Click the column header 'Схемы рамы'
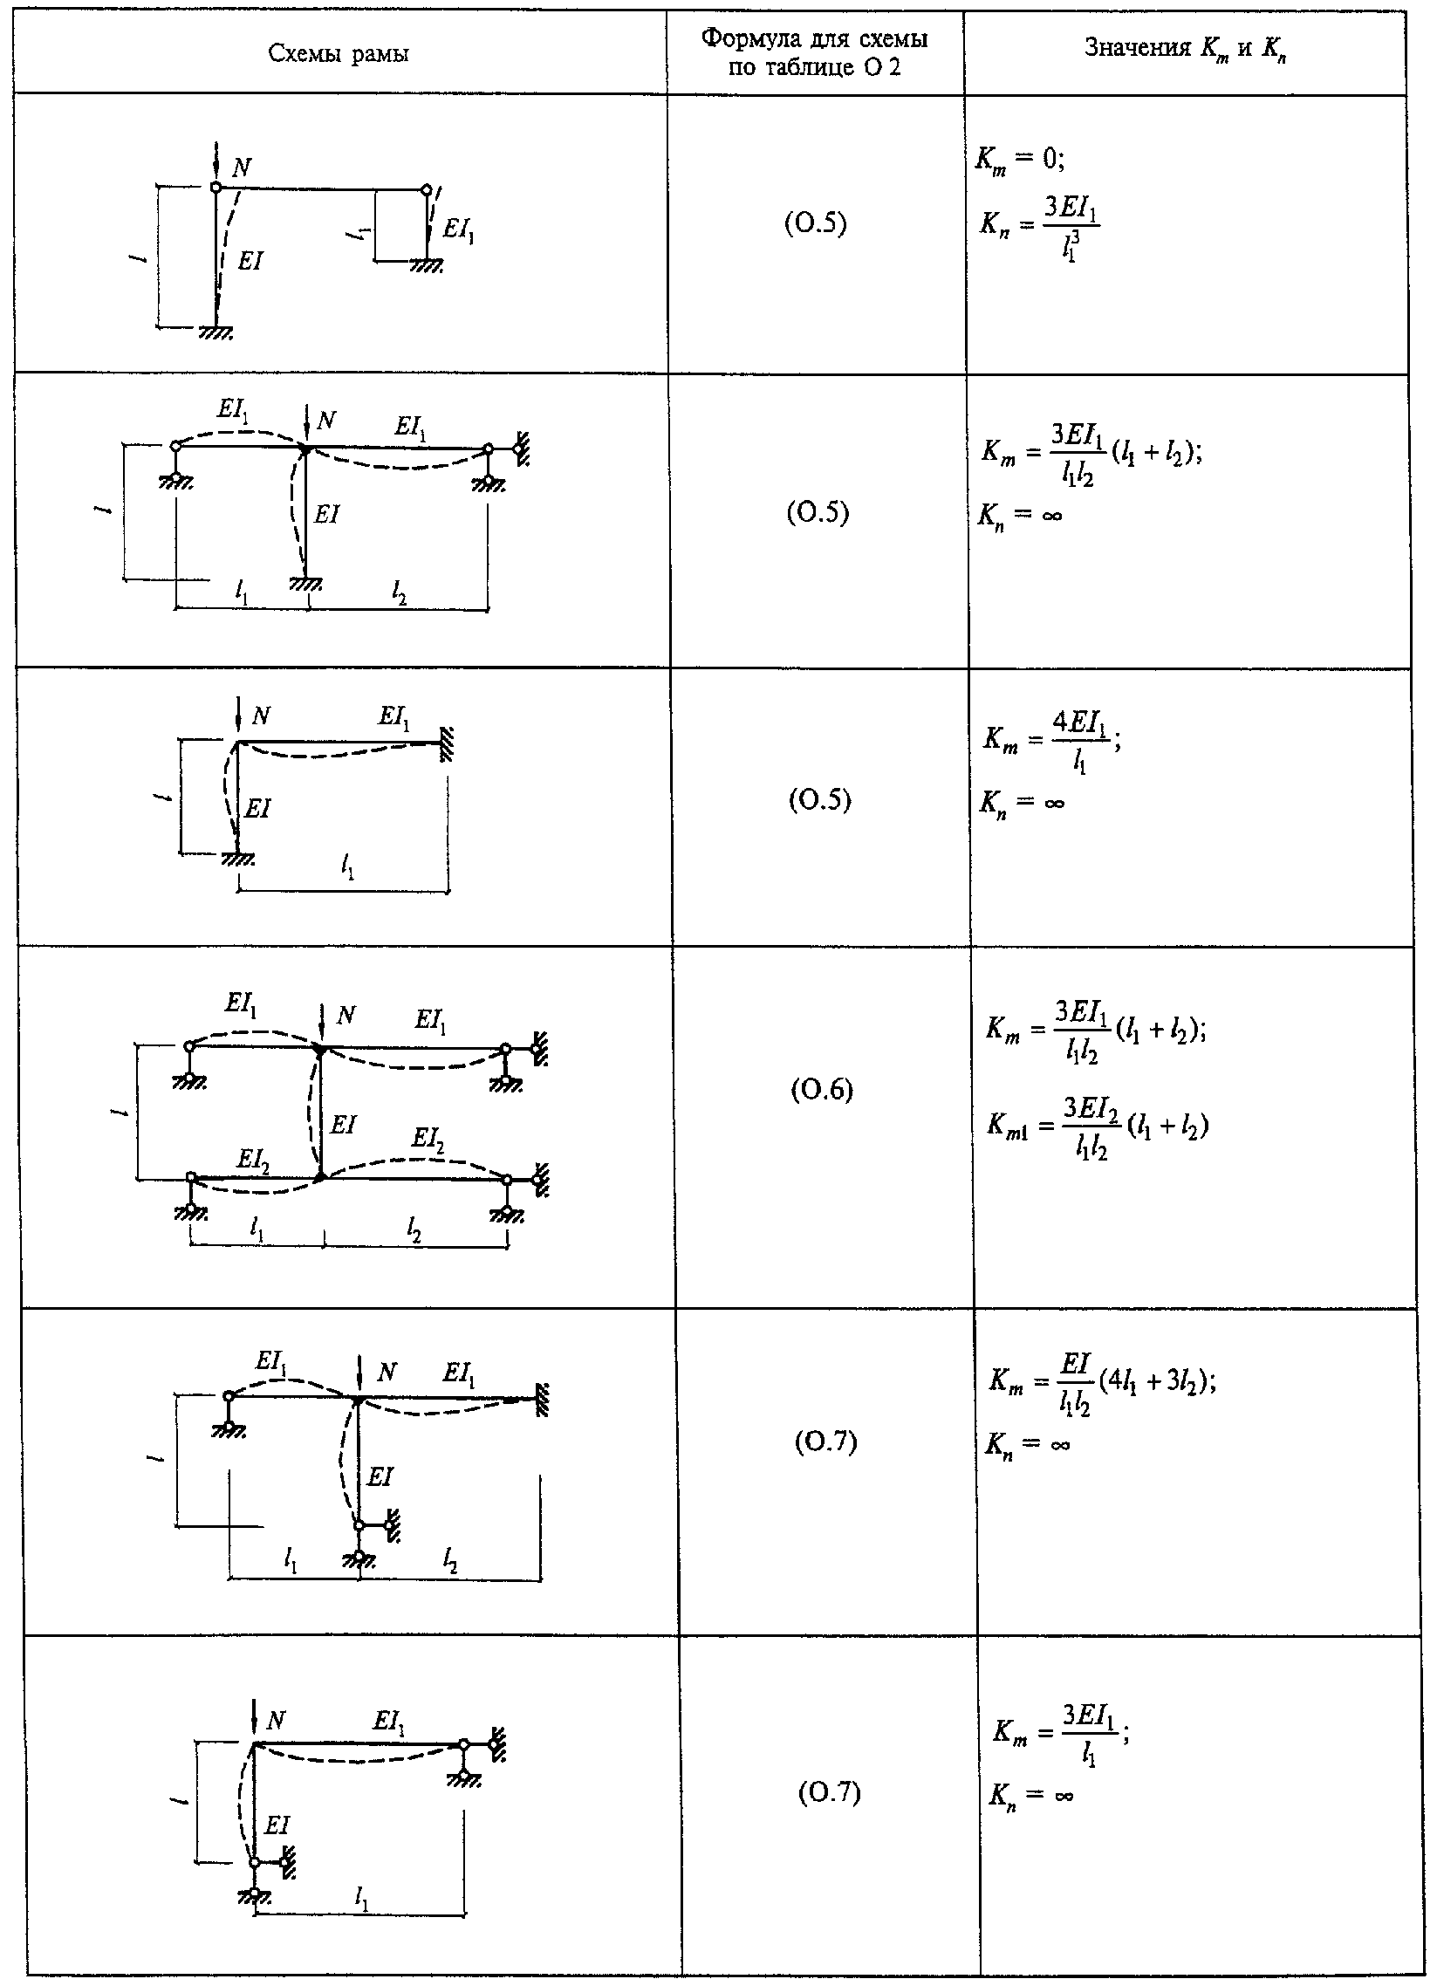pyautogui.click(x=339, y=54)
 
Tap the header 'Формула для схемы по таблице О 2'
pyautogui.click(x=815, y=52)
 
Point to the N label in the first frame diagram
pyautogui.click(x=241, y=168)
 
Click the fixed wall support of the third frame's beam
pyautogui.click(x=446, y=743)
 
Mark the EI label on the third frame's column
pyautogui.click(x=257, y=808)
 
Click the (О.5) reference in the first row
pyautogui.click(x=815, y=225)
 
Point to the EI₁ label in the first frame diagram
pyautogui.click(x=459, y=229)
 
